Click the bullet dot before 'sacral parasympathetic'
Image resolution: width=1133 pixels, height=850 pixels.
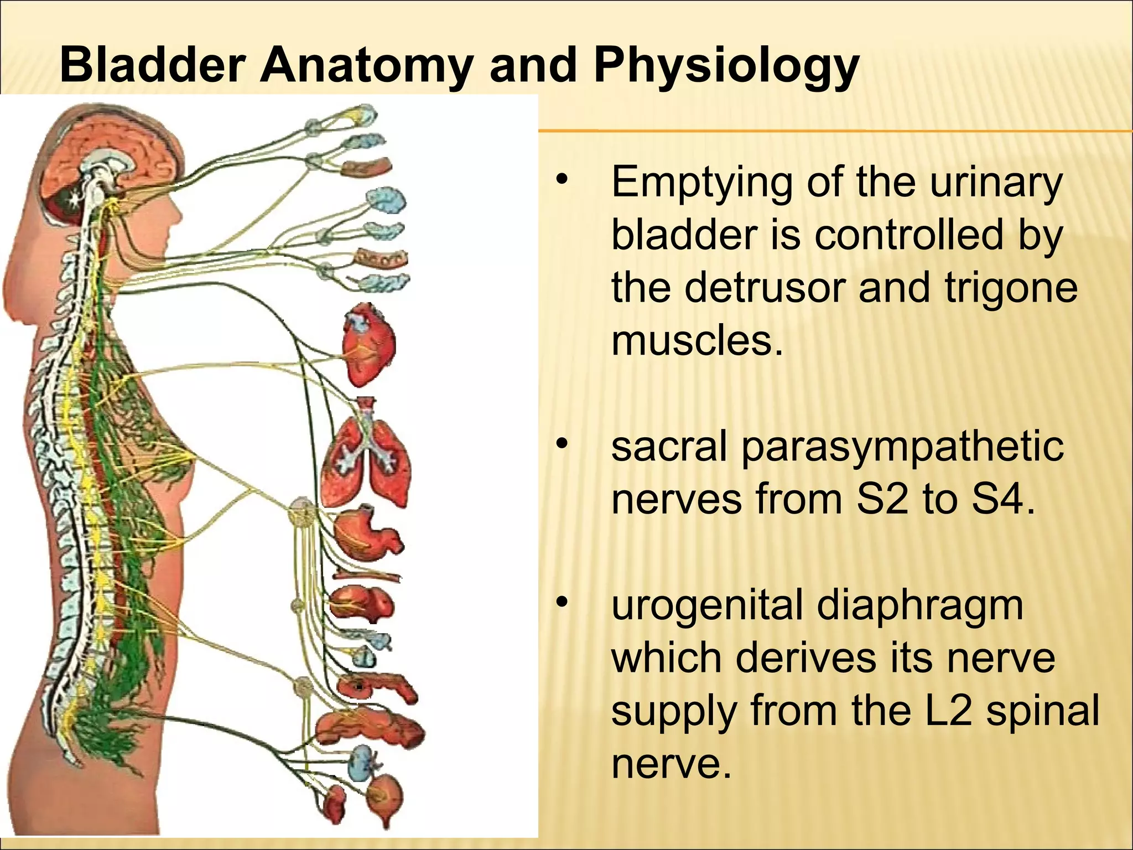(563, 443)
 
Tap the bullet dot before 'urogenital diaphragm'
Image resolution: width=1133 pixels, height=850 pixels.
(563, 602)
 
